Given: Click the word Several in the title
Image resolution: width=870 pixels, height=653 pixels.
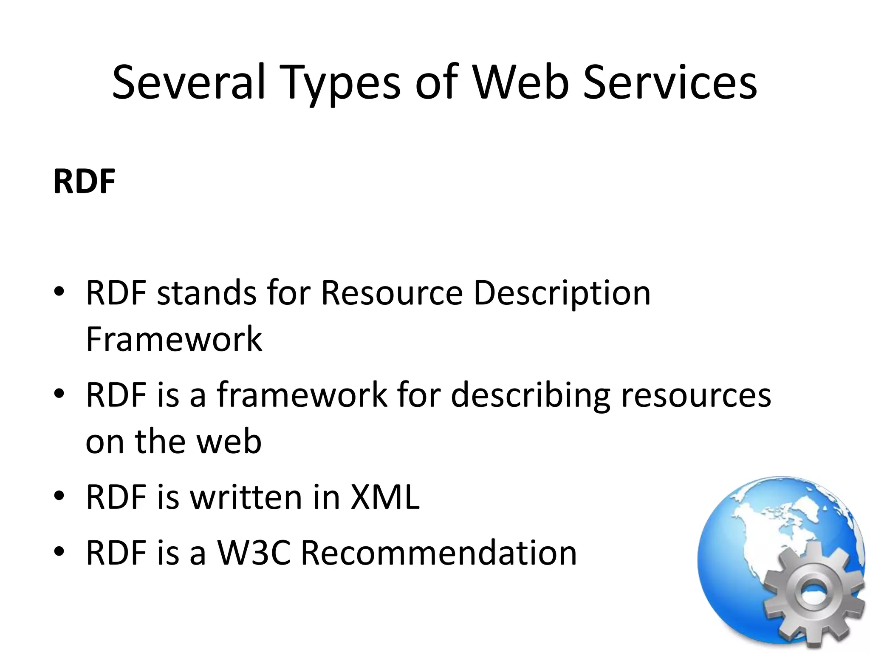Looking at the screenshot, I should [x=189, y=82].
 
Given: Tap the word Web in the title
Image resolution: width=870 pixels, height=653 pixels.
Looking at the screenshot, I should [x=521, y=82].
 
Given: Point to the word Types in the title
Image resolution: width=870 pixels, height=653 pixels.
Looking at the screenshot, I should [x=340, y=85].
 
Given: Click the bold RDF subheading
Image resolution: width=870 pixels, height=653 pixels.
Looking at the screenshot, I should [x=84, y=182].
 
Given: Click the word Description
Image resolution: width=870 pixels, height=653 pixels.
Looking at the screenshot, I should [x=562, y=294].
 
